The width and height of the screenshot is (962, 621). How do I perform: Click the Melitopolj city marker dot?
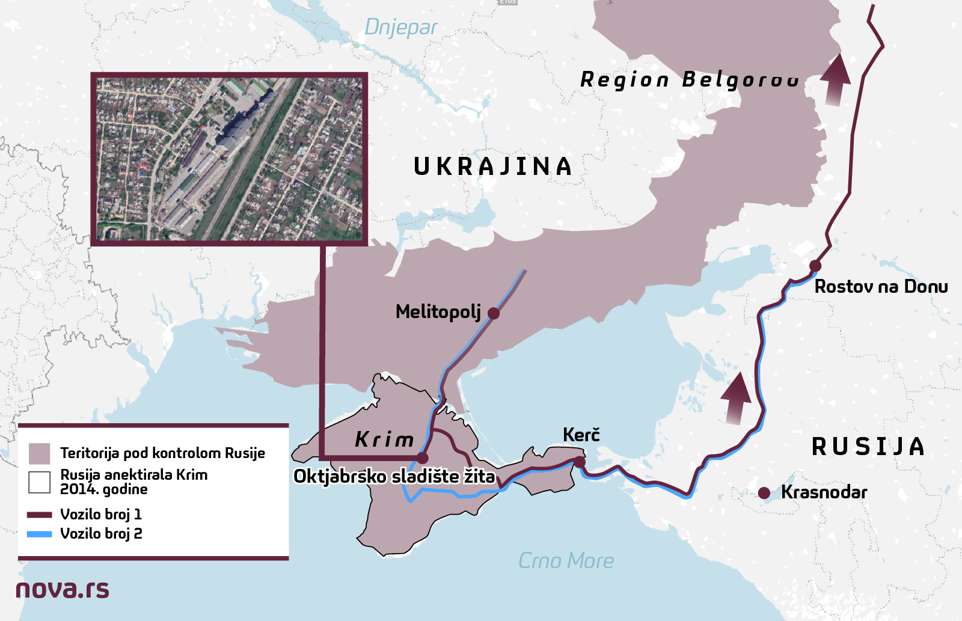point(494,313)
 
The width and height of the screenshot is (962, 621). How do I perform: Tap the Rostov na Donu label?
point(881,287)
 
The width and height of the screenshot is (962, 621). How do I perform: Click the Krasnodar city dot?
point(764,493)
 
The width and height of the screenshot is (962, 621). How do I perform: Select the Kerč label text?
point(581,435)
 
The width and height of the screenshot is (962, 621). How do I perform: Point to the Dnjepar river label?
point(400,28)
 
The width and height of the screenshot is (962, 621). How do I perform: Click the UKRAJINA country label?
point(493,167)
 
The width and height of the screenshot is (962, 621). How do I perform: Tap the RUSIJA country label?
point(868,447)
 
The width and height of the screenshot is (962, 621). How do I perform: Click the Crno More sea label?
point(566,561)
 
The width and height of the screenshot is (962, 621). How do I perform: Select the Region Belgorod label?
point(689,79)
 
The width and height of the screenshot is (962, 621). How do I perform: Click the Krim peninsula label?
point(385,439)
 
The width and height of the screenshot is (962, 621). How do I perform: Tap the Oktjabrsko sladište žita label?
point(394,477)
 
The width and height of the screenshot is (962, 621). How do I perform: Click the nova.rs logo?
point(63,589)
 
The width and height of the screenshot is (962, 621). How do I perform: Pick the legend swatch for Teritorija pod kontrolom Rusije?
point(40,453)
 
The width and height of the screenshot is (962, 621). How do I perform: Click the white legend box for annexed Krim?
point(40,482)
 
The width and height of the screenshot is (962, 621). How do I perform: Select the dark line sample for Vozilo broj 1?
point(40,515)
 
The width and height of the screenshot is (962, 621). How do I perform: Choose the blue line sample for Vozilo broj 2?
point(40,534)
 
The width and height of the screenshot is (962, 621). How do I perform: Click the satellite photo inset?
point(229,159)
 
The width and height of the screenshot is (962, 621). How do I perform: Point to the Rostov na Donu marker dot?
point(815,266)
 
